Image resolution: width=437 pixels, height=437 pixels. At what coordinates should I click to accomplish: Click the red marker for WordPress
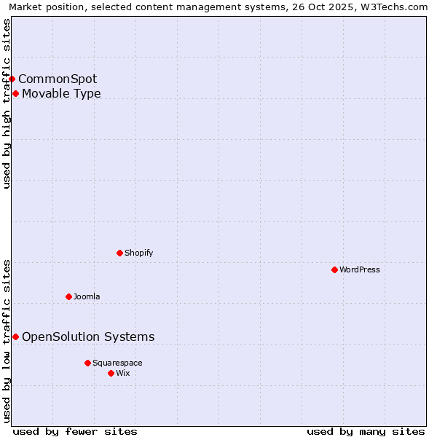coord(334,269)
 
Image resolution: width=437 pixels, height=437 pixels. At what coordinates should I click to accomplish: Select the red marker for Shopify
coord(119,253)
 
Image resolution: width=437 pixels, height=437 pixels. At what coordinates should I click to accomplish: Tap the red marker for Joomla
coord(68,296)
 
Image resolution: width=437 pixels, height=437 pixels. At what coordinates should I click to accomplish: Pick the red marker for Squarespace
coord(87,363)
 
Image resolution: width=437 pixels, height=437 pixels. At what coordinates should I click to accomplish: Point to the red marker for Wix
coord(111,373)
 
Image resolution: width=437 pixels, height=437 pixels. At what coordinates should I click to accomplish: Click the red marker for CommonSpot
coord(12,79)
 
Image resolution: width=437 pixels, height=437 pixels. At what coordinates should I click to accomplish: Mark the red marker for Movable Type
coord(15,93)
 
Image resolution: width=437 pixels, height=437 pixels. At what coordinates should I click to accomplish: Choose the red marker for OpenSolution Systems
coord(15,336)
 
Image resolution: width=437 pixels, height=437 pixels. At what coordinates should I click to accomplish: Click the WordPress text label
coord(360,269)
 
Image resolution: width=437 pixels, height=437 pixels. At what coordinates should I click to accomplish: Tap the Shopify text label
coord(138,253)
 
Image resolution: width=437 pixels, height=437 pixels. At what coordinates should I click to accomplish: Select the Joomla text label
coord(87,296)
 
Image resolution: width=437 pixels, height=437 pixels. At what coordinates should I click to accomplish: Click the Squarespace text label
coord(117,363)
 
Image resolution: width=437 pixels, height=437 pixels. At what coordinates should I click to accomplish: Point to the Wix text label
coord(123,373)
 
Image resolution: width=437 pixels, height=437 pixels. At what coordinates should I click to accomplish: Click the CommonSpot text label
coord(58,79)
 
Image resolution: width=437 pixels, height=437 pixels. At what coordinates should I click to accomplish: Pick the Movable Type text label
coord(61,93)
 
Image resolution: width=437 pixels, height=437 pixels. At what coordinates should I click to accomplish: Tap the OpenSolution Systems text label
coord(88,336)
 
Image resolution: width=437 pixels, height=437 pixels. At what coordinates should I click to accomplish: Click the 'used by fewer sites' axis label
coord(75,431)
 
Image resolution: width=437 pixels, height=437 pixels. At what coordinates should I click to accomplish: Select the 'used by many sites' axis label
coord(366,431)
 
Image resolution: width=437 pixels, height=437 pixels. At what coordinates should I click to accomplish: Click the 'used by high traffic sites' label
coord(7,103)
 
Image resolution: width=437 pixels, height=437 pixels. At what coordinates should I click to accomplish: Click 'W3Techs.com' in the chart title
coord(396,7)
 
